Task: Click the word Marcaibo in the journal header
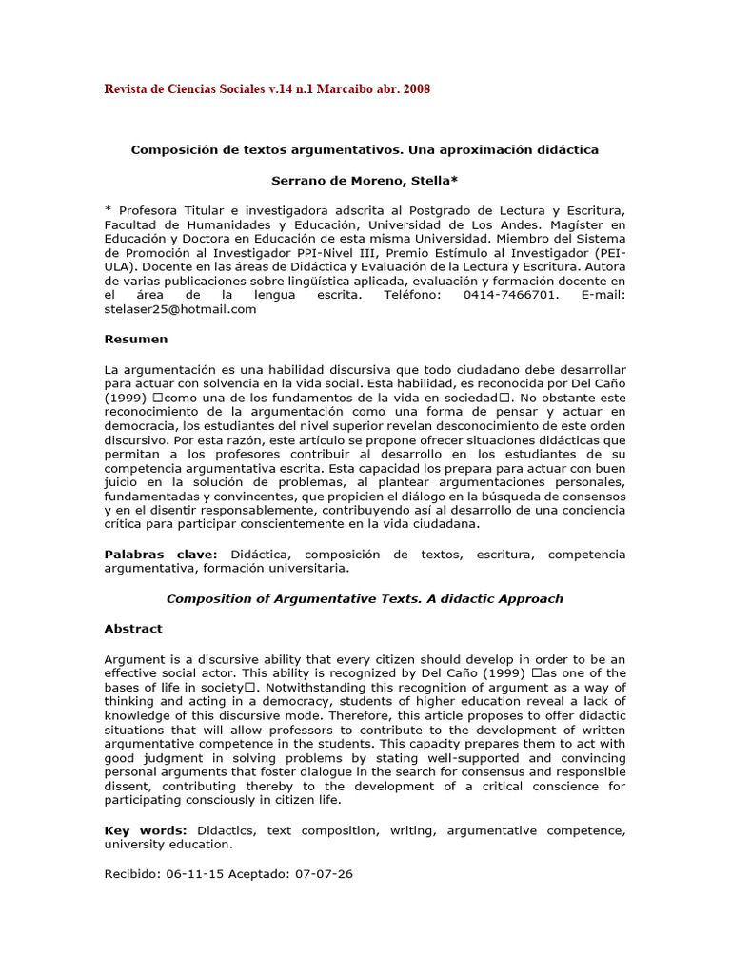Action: [x=346, y=89]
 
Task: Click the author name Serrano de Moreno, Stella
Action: [x=365, y=180]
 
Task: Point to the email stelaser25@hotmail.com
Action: [x=181, y=309]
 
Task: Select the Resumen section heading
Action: [x=135, y=339]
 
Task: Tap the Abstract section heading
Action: [x=133, y=629]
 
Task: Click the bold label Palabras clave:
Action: [x=161, y=555]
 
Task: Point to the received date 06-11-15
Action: [x=196, y=874]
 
